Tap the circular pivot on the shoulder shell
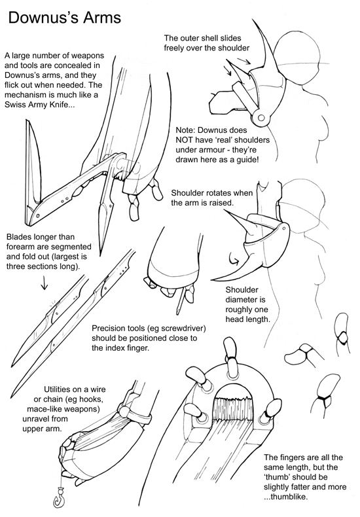click(261, 118)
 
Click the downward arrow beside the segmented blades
click(44, 283)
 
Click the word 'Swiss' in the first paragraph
click(14, 105)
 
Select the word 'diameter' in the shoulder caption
click(242, 300)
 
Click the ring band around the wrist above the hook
click(136, 416)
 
